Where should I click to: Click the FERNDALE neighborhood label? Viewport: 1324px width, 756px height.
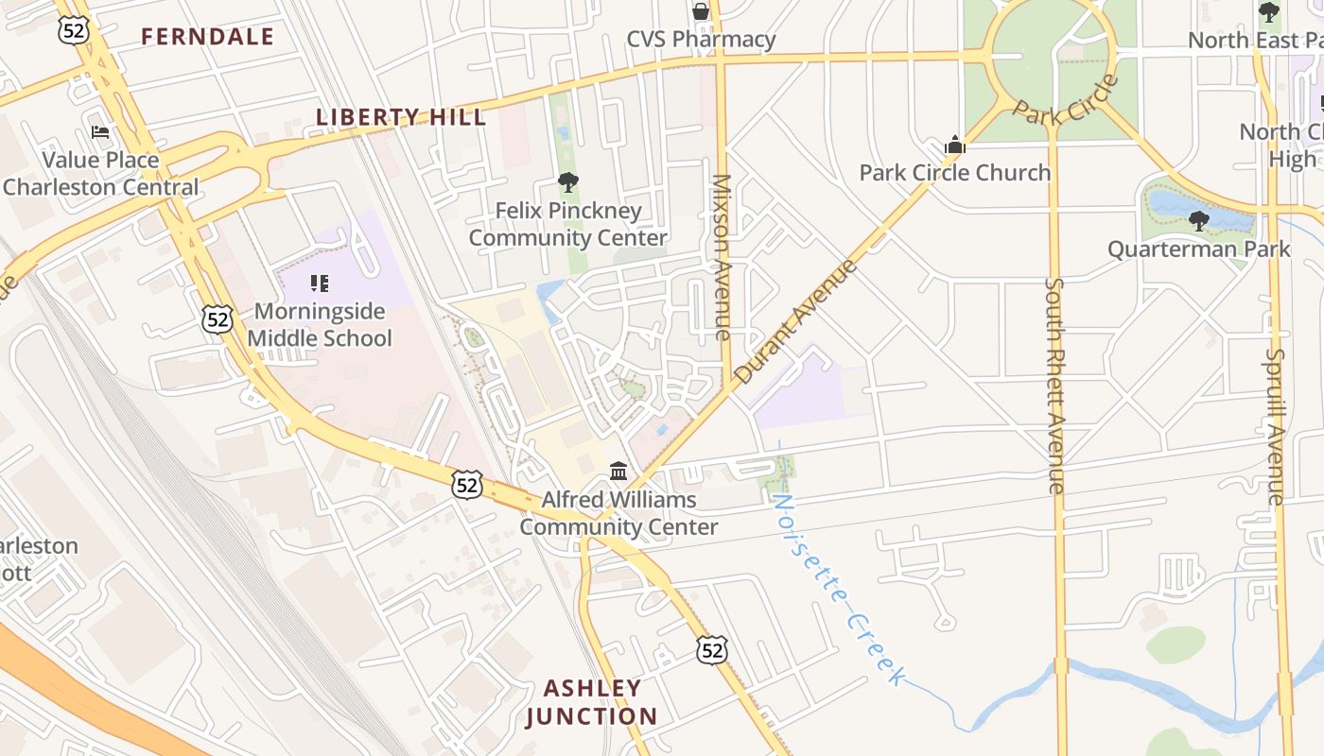pyautogui.click(x=207, y=37)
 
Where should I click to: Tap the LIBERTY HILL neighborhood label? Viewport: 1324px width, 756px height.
pyautogui.click(x=401, y=117)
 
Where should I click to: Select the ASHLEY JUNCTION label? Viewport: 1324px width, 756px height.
pyautogui.click(x=592, y=702)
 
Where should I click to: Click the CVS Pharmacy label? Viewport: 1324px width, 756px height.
pyautogui.click(x=701, y=40)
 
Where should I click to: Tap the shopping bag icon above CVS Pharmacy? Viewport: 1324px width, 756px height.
pyautogui.click(x=701, y=11)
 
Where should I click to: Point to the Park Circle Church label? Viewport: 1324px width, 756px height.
pyautogui.click(x=954, y=173)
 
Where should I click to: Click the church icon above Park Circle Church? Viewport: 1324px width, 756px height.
pyautogui.click(x=955, y=146)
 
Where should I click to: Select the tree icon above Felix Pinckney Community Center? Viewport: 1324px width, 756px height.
pyautogui.click(x=567, y=182)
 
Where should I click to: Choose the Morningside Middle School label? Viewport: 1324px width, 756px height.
pyautogui.click(x=320, y=324)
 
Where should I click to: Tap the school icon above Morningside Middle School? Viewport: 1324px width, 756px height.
pyautogui.click(x=320, y=283)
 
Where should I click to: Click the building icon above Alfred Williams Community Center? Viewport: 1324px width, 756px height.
pyautogui.click(x=618, y=470)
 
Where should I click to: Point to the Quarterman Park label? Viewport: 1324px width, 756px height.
pyautogui.click(x=1198, y=249)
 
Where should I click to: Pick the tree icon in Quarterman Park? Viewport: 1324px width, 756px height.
pyautogui.click(x=1198, y=221)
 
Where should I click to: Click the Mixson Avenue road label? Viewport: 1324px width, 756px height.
pyautogui.click(x=722, y=257)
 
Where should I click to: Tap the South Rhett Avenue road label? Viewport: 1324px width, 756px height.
pyautogui.click(x=1055, y=385)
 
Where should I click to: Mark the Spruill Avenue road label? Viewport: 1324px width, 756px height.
pyautogui.click(x=1275, y=426)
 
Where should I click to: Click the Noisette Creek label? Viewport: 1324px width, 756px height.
pyautogui.click(x=838, y=588)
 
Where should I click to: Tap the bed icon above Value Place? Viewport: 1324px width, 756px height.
pyautogui.click(x=100, y=132)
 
